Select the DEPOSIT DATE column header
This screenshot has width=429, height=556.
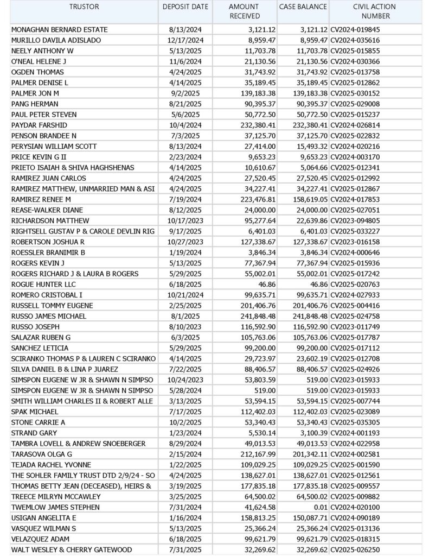click(185, 7)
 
